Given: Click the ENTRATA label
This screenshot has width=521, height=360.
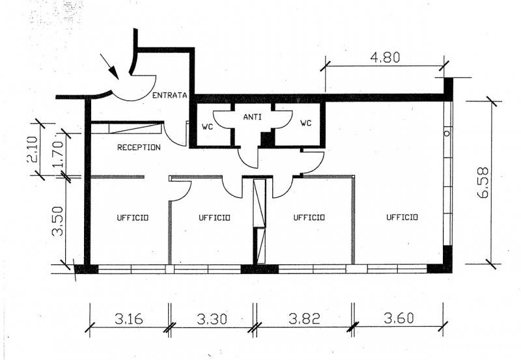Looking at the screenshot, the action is click(170, 95).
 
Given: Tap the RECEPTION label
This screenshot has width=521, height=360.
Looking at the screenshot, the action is click(139, 147).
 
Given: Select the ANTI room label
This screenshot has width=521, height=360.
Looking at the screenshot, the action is click(252, 117).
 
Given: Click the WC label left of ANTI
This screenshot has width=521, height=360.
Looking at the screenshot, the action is click(207, 127).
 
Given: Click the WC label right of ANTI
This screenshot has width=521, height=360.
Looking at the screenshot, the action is click(306, 123).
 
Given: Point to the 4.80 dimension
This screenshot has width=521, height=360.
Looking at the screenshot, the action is click(386, 57).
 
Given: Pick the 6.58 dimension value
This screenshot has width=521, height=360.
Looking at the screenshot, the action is click(483, 182).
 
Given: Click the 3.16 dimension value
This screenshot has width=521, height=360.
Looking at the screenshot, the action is click(129, 319).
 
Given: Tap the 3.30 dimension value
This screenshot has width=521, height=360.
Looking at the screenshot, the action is click(212, 319).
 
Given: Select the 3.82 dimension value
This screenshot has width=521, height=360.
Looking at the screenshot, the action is click(304, 319).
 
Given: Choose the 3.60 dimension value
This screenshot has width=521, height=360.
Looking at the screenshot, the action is click(399, 318).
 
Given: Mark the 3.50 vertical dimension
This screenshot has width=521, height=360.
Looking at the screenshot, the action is click(58, 221).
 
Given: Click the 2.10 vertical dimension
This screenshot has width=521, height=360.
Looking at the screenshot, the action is click(34, 150).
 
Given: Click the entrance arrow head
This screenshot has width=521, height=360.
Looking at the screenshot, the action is click(114, 72).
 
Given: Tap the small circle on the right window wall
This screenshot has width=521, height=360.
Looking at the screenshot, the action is click(447, 133).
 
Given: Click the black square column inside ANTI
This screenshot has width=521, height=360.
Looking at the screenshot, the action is click(266, 139).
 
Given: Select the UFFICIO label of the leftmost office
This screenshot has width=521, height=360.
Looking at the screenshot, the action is click(133, 218).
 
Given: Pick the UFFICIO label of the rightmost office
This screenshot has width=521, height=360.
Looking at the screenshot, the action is click(402, 217).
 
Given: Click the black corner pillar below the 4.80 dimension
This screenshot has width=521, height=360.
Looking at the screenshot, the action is click(448, 89).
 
